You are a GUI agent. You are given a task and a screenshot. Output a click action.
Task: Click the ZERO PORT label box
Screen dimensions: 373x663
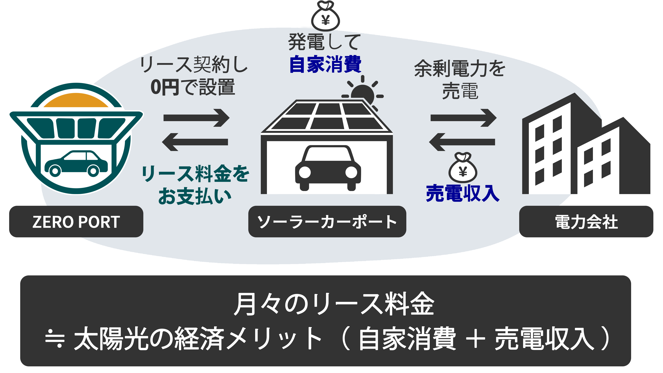(x=76, y=222)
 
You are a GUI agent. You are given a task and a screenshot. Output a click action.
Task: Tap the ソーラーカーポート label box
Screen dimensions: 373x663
(x=327, y=222)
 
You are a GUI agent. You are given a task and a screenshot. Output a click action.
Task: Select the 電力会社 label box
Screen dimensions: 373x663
(x=586, y=222)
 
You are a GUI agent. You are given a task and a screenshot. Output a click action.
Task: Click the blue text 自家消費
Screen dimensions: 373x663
(x=325, y=64)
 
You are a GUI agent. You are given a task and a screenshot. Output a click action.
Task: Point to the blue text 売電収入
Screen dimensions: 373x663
(x=463, y=193)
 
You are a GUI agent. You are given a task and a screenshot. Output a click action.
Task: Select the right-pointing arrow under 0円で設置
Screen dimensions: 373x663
(x=196, y=118)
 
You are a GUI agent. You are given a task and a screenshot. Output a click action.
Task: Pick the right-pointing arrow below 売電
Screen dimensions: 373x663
(x=463, y=118)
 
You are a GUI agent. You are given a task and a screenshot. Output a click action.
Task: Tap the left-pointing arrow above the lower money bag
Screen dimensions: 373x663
(x=462, y=142)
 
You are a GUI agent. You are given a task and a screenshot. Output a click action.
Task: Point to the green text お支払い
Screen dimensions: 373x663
(x=195, y=196)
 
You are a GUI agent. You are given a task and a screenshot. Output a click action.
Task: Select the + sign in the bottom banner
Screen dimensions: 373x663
(x=475, y=339)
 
